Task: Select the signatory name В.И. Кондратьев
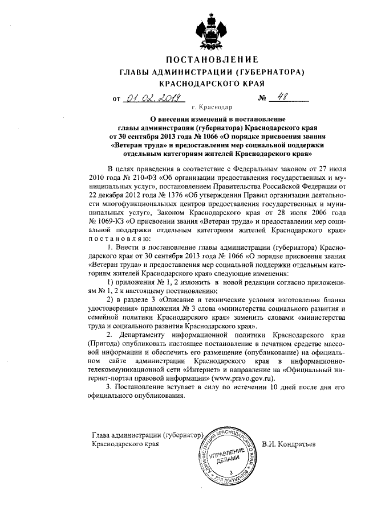289,443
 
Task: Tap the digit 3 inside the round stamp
230,472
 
